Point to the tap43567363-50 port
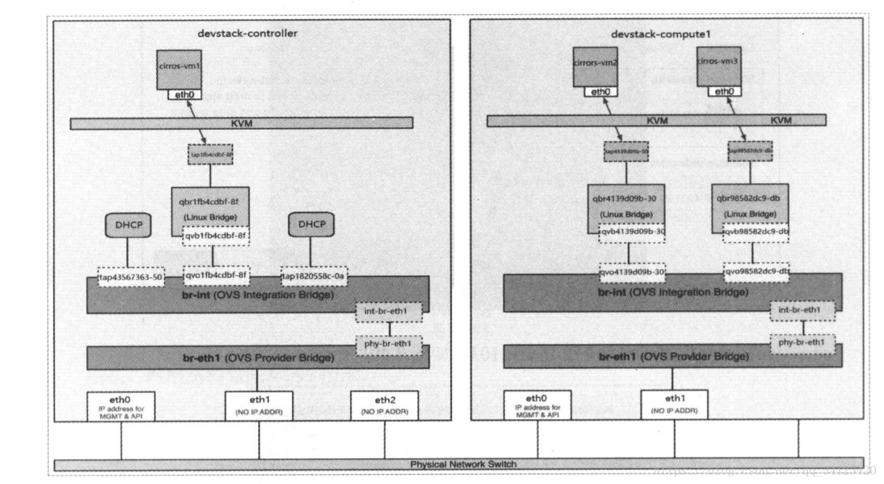(131, 276)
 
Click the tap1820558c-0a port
(312, 276)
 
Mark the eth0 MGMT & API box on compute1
(538, 404)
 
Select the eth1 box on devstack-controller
(259, 405)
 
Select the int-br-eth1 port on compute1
(802, 311)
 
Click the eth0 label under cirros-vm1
(185, 95)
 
